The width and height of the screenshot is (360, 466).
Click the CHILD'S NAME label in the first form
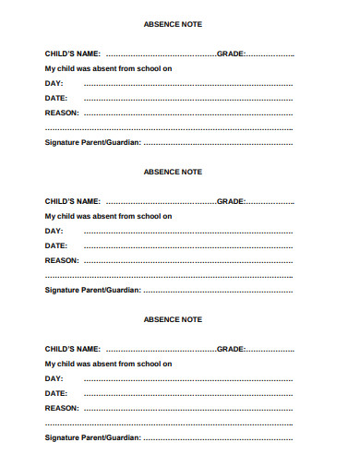coord(73,54)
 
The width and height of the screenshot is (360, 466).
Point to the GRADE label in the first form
coord(231,54)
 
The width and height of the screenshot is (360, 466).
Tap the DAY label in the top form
coord(54,83)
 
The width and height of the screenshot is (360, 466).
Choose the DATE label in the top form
coord(56,98)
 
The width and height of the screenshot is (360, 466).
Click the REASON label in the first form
coord(62,113)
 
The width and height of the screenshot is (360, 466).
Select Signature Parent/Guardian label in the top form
coord(92,142)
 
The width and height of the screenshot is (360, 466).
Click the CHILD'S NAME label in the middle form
coord(73,201)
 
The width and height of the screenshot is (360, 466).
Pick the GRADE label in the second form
coord(231,201)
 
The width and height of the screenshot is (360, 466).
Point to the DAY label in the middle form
coord(54,231)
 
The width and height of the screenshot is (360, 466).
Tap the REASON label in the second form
coord(62,260)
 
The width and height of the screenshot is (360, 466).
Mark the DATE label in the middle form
coord(56,245)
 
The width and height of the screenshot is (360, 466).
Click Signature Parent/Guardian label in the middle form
coord(92,290)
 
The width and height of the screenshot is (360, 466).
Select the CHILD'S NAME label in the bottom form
coord(73,349)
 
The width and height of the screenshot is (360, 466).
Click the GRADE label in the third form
coord(231,349)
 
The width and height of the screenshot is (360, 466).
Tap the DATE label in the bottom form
coord(56,393)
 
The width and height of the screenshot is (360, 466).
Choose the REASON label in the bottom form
coord(62,408)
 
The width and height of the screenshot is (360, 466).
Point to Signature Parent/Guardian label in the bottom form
coord(92,437)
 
